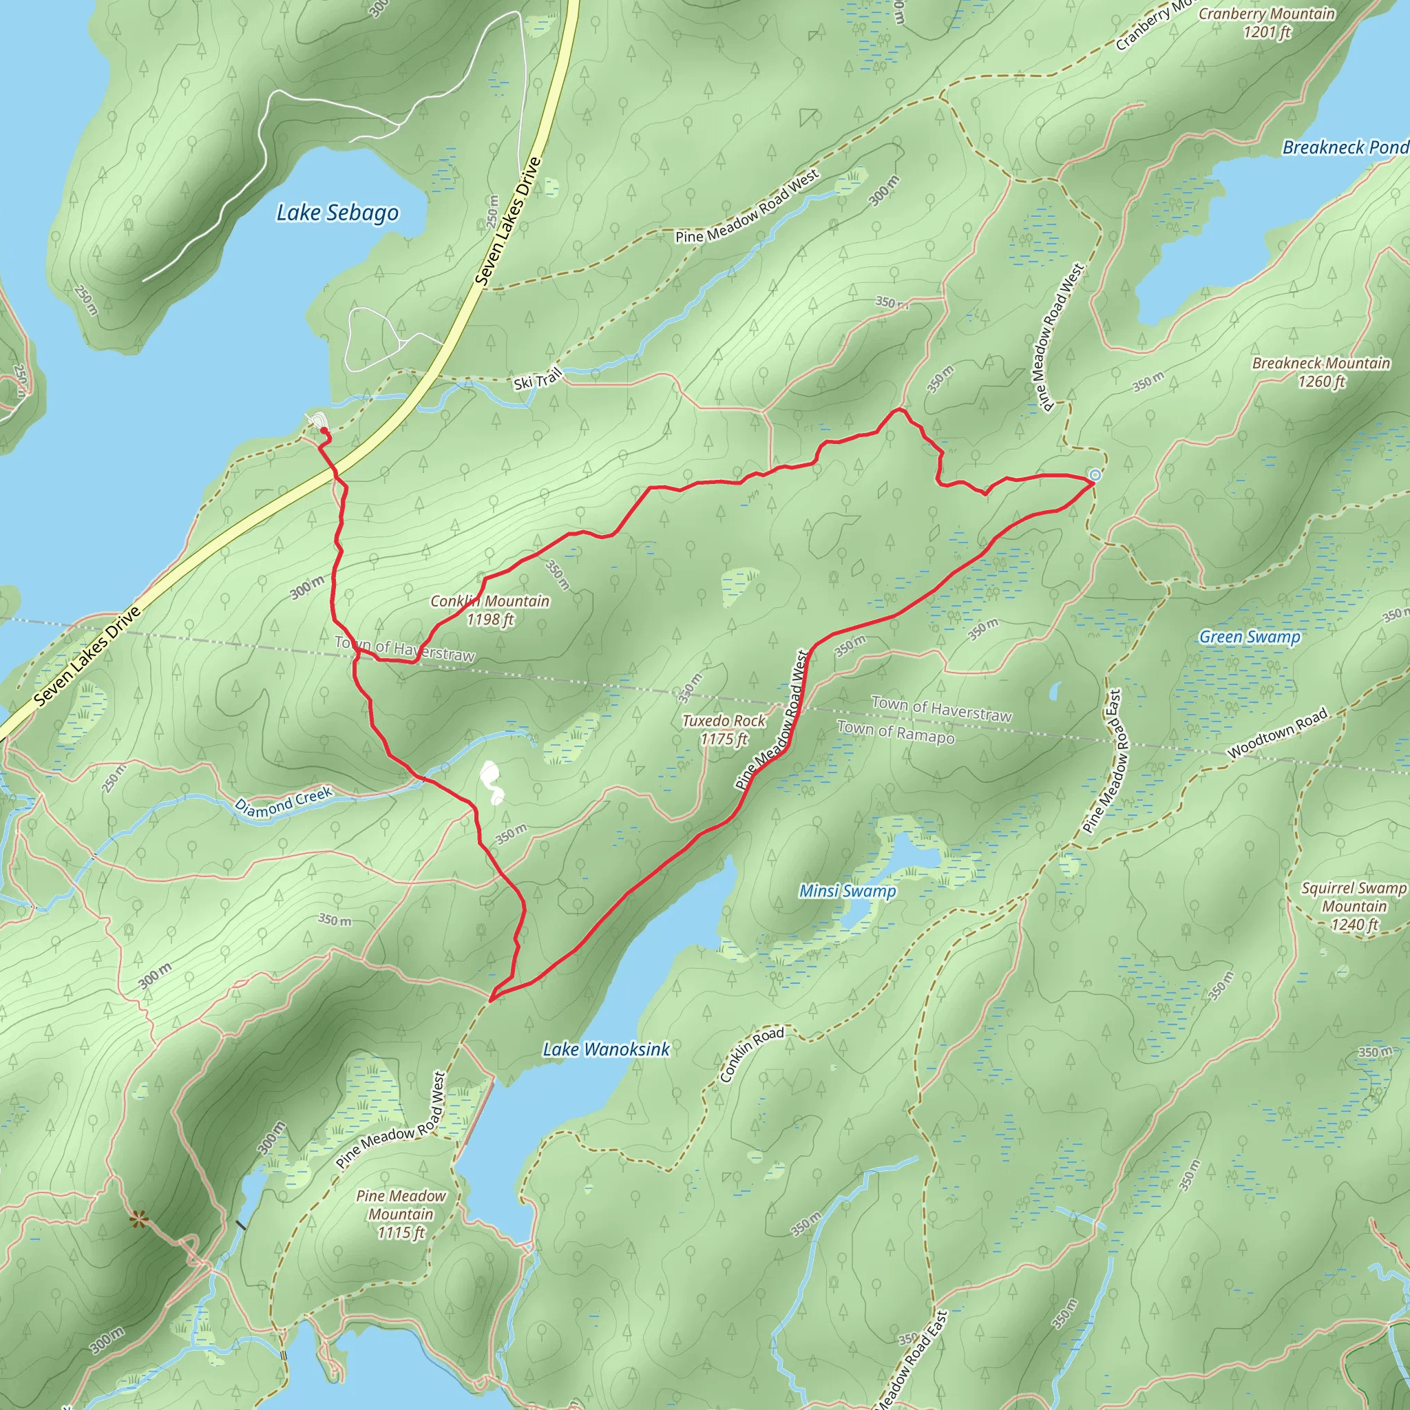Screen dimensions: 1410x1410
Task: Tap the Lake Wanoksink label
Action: click(x=606, y=1049)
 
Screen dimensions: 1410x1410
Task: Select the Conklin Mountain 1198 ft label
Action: click(x=490, y=610)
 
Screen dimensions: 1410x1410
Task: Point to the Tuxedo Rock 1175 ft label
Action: click(x=724, y=730)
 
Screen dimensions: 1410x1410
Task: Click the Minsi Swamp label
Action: click(x=848, y=891)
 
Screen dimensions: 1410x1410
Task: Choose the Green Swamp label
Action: click(x=1250, y=637)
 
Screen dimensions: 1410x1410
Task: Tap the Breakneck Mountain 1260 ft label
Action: click(x=1321, y=372)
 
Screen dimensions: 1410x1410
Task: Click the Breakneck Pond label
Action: click(x=1345, y=147)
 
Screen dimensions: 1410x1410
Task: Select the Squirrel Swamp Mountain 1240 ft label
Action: click(x=1354, y=907)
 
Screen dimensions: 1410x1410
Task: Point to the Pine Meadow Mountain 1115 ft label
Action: click(x=401, y=1214)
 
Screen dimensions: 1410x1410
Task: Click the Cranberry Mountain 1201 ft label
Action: click(x=1267, y=23)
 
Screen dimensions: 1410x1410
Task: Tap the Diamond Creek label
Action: click(x=283, y=801)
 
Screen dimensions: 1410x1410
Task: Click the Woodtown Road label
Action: click(x=1277, y=733)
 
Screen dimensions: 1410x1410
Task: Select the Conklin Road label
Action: click(x=752, y=1055)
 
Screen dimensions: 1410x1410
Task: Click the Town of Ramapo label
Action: click(x=896, y=732)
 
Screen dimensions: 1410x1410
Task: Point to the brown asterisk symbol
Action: click(x=137, y=1219)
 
